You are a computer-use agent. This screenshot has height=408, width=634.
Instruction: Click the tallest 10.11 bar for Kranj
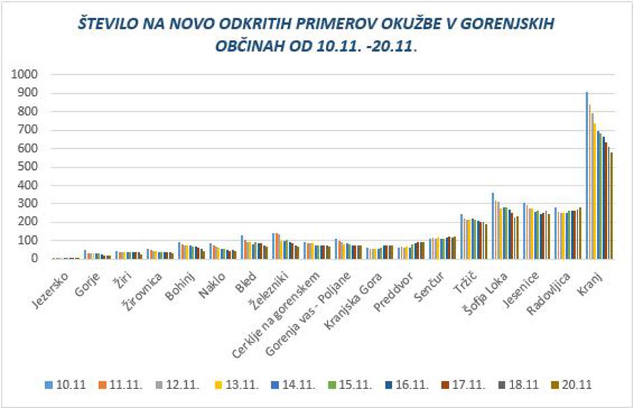pos(587,175)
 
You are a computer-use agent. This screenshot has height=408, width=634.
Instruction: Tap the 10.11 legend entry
pos(65,384)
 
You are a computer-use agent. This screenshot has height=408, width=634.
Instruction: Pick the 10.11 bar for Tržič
pos(461,237)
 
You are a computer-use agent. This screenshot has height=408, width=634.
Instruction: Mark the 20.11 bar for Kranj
pos(612,206)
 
